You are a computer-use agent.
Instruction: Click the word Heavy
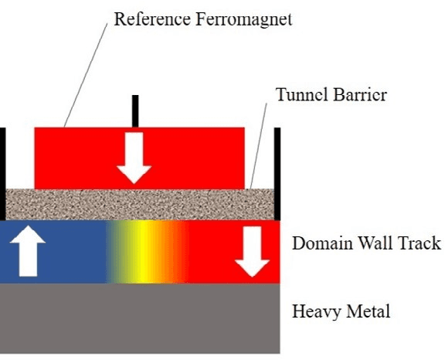coord(315,312)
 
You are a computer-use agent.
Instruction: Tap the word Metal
coord(366,312)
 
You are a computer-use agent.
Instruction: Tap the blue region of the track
coord(70,252)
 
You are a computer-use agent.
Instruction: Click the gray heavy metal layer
coord(139,317)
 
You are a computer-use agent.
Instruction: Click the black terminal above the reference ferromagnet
coord(135,111)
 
